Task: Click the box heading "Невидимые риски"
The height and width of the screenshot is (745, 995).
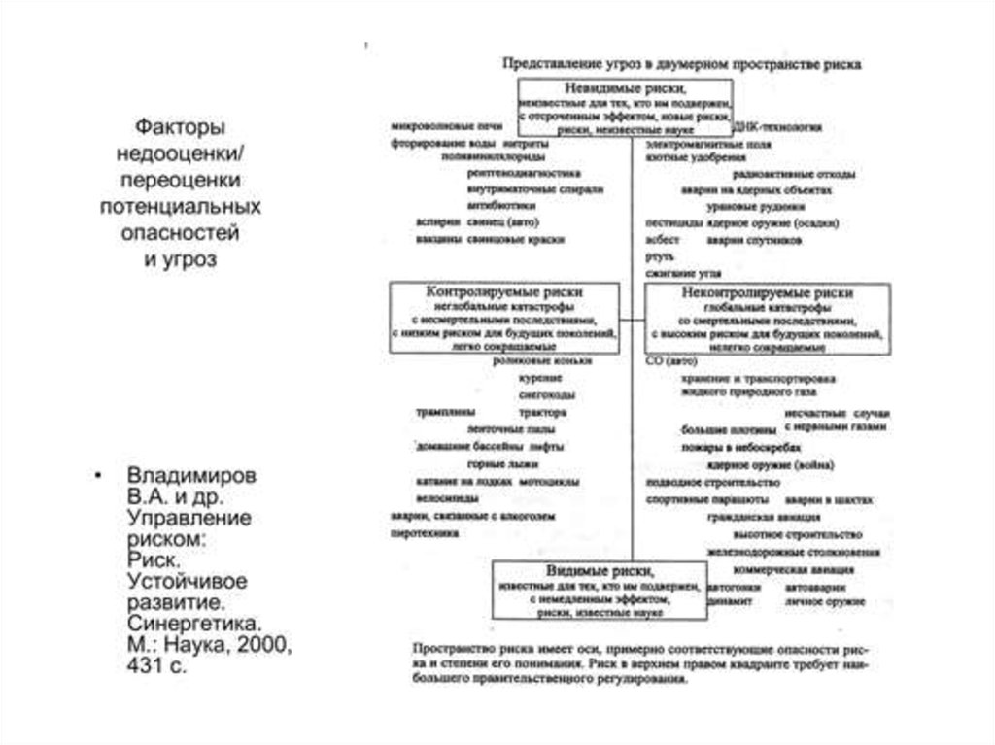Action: click(x=622, y=88)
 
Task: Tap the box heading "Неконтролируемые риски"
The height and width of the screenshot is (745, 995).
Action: click(x=767, y=291)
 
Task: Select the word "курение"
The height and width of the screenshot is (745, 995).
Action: click(x=525, y=378)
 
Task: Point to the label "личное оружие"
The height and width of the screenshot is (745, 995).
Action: click(x=826, y=604)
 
